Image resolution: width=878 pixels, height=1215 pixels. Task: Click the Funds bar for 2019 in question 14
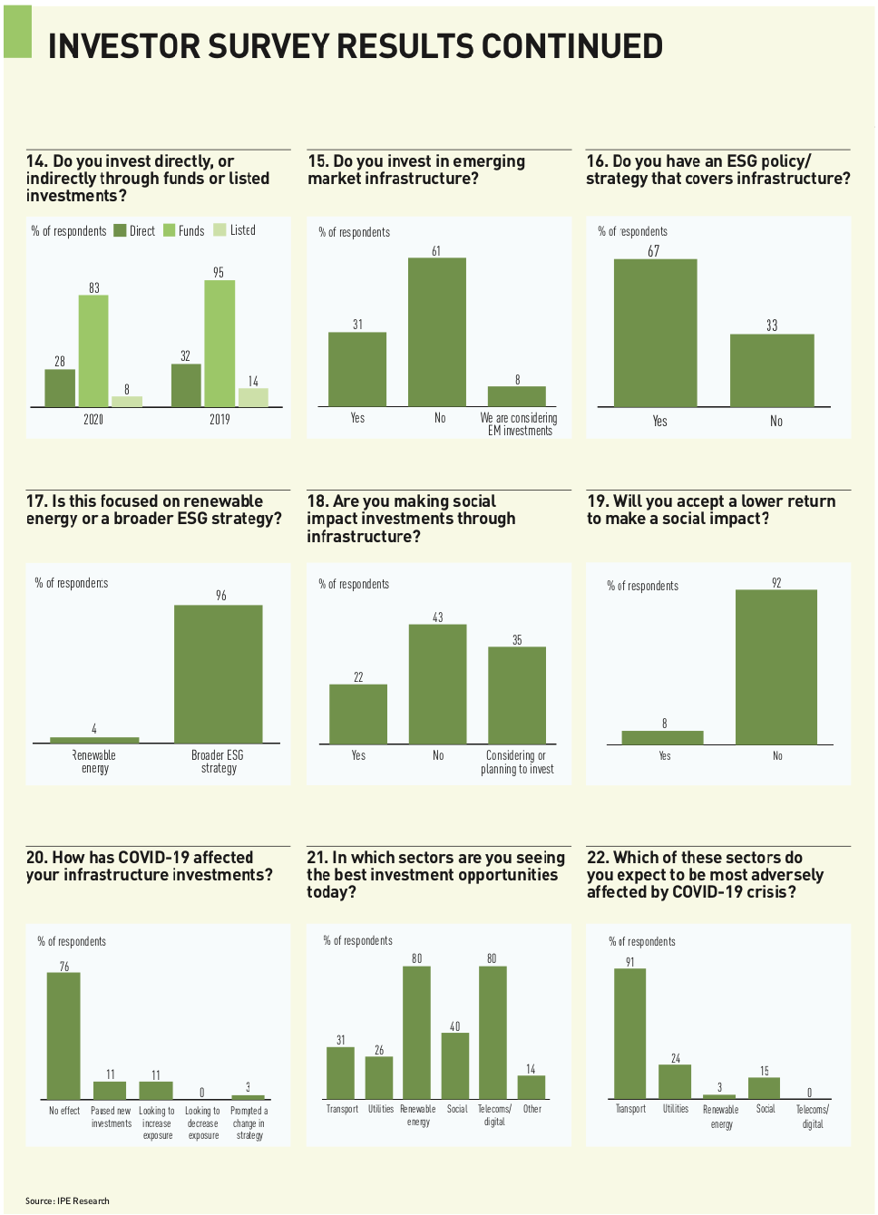click(219, 344)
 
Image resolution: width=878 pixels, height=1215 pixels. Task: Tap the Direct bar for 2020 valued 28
click(60, 388)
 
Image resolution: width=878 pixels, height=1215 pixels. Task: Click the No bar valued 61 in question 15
click(436, 332)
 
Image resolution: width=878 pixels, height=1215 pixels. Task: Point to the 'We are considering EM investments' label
click(519, 424)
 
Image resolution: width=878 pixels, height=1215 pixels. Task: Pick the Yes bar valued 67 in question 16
click(655, 333)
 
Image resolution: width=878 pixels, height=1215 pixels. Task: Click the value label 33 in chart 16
click(772, 326)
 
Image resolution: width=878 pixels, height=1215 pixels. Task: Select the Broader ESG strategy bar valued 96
click(218, 674)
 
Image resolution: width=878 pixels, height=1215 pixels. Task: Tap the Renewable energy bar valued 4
click(94, 740)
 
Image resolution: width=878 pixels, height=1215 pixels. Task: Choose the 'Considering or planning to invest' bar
click(517, 695)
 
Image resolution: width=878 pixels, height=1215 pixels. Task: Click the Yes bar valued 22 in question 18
click(358, 714)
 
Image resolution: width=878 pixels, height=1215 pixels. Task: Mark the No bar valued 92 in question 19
click(776, 666)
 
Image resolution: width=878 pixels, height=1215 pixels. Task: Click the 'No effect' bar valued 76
click(63, 1036)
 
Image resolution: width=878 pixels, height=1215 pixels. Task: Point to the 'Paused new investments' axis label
click(111, 1117)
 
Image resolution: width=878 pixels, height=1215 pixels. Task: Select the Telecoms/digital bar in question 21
click(493, 1033)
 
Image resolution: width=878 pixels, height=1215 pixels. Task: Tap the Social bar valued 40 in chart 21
click(455, 1066)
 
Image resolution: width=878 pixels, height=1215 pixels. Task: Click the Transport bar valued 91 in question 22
click(629, 1034)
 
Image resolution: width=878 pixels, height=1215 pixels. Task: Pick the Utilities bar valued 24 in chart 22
click(675, 1082)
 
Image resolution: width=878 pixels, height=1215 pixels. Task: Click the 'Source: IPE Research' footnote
click(67, 1200)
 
